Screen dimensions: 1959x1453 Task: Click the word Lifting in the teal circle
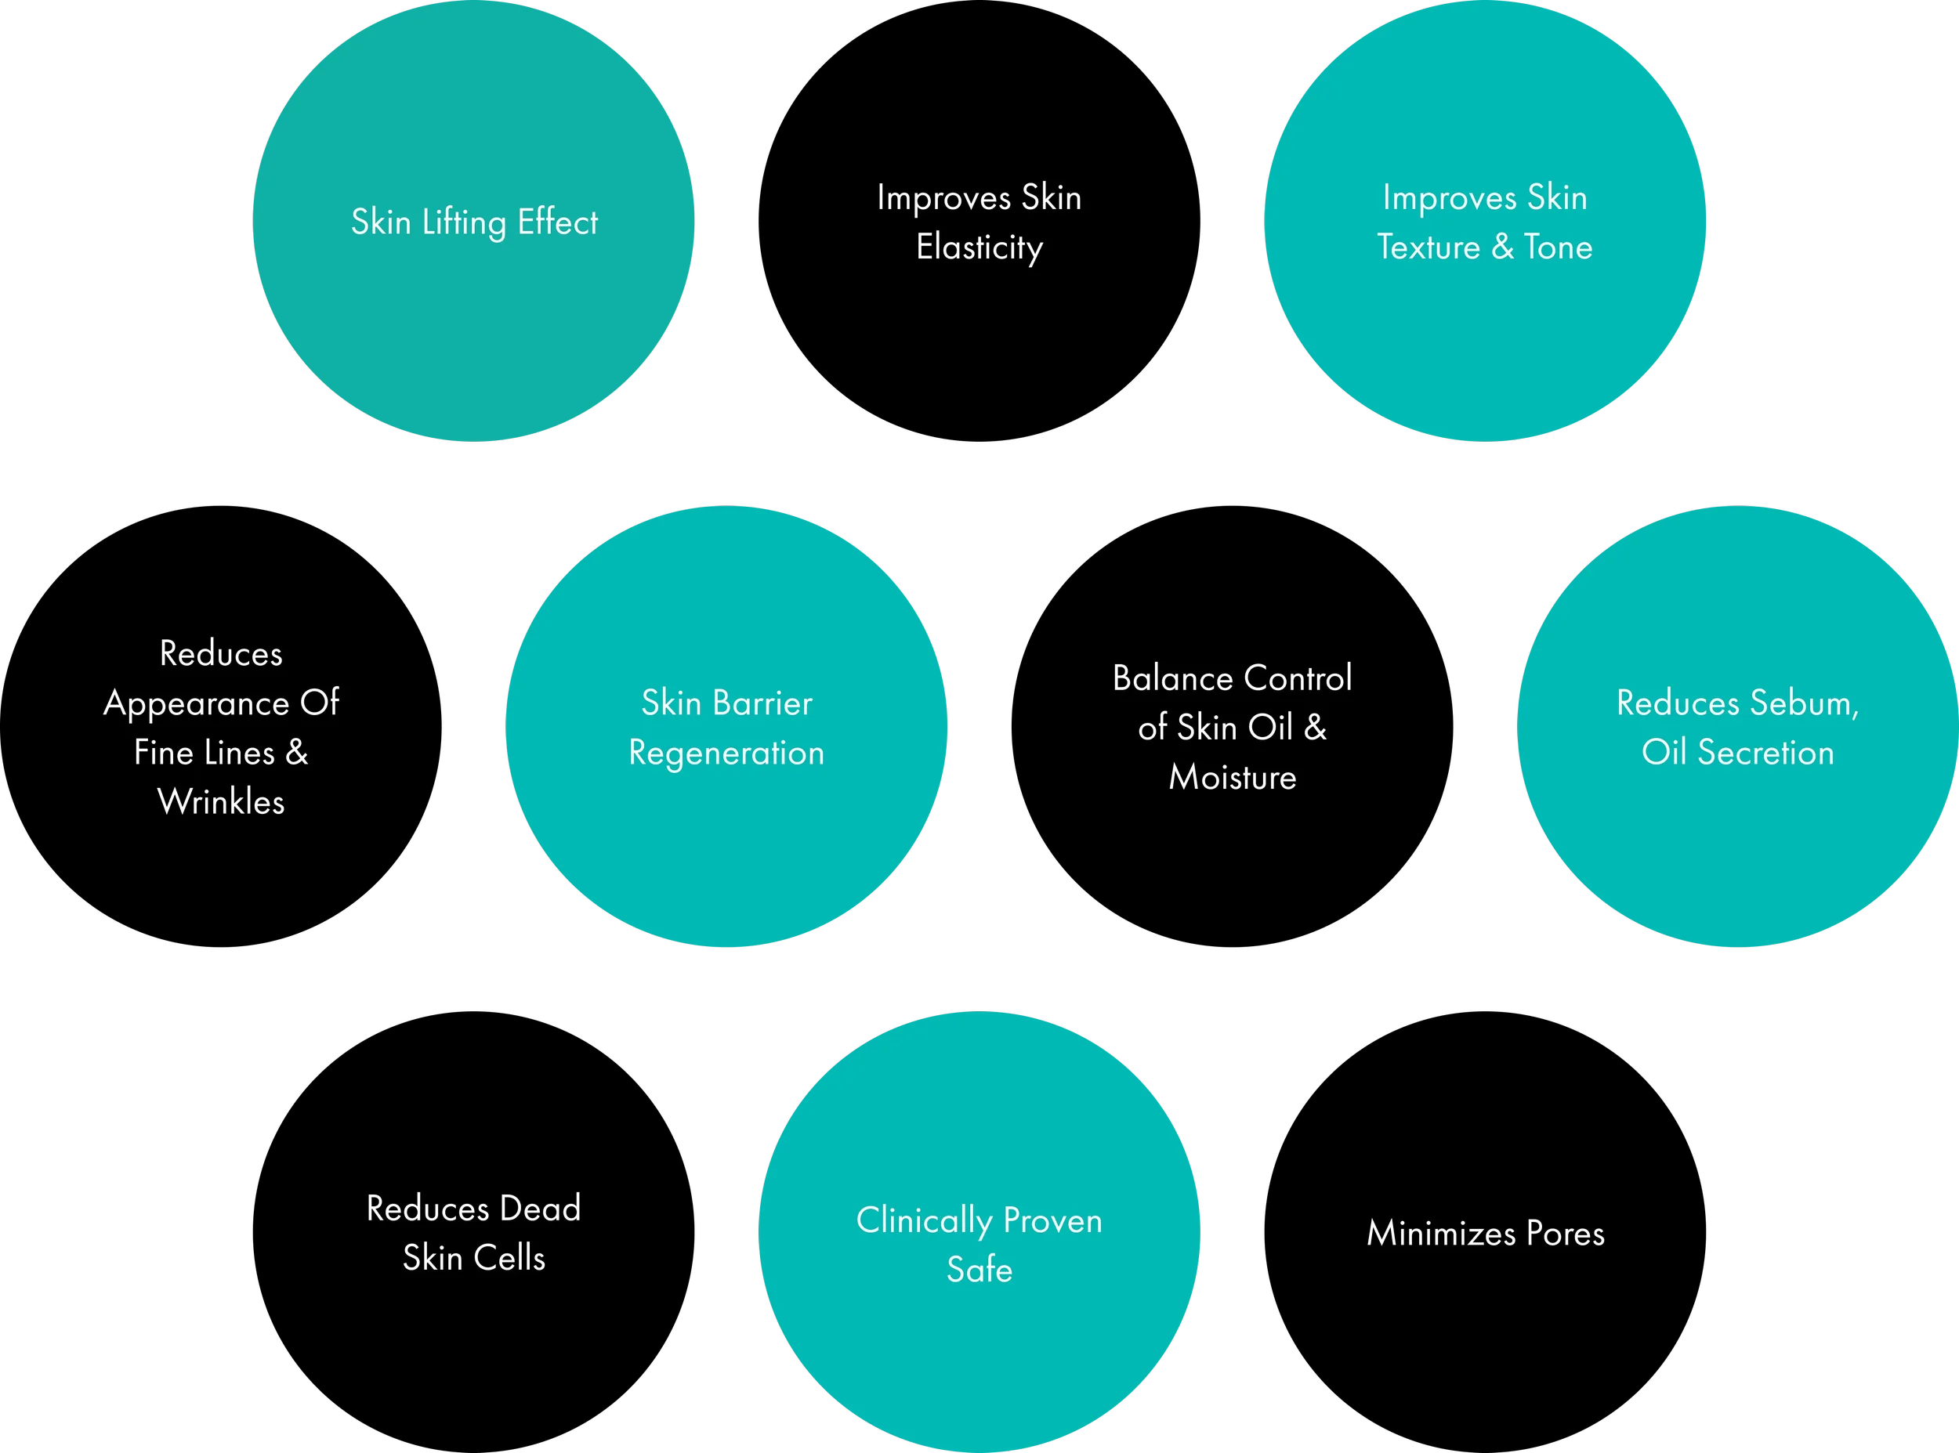pos(464,223)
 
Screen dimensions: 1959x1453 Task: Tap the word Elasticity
pos(979,248)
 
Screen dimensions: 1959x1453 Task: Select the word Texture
pos(1429,248)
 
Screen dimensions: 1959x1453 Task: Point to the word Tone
pos(1558,248)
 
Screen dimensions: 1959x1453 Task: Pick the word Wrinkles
pos(221,802)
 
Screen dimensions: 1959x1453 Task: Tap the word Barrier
pos(762,703)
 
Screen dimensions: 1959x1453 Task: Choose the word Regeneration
pos(726,754)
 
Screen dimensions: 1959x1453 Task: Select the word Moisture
pos(1233,778)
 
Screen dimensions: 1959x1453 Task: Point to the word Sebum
pos(1803,703)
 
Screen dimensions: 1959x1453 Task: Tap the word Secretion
pos(1765,753)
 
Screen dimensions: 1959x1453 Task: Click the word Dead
pos(540,1209)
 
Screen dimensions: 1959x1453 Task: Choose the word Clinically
pos(924,1222)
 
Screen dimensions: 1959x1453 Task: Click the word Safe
pos(979,1270)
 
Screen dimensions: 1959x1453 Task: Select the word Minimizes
pos(1441,1233)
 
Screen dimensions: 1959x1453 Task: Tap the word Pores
pos(1565,1233)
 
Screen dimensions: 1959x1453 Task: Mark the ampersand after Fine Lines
pos(296,753)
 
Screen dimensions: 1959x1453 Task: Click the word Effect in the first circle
pos(558,222)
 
